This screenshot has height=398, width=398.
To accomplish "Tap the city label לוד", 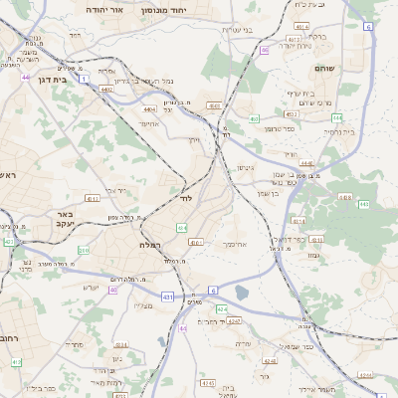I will [186, 198].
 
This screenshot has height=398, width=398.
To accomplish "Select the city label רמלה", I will [152, 244].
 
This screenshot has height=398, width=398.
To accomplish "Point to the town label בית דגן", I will [52, 78].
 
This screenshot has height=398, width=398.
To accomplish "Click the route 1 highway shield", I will [86, 77].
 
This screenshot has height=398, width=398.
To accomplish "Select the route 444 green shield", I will [336, 116].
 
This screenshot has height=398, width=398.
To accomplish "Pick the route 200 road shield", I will [84, 250].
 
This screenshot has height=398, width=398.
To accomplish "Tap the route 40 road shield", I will [113, 290].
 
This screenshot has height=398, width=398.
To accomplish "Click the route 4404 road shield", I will [149, 109].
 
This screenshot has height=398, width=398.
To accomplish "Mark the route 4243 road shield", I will [234, 321].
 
